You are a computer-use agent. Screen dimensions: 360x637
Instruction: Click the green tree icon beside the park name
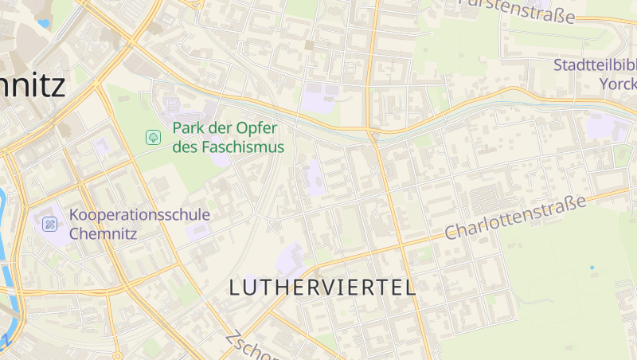coord(152,138)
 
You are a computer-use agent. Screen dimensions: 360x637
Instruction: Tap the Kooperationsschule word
coord(139,215)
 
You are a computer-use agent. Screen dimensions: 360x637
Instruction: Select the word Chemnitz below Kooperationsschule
coord(104,233)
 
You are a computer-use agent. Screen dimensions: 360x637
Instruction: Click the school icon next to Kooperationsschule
coord(50,225)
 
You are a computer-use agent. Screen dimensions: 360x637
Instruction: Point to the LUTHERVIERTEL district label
coord(322,288)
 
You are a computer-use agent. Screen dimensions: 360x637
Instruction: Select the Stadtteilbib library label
coord(595,65)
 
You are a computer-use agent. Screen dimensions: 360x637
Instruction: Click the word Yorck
coord(617,83)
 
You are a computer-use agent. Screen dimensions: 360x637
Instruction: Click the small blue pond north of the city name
coord(42,24)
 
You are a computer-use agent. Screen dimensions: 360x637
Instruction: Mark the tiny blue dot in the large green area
coord(592,268)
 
